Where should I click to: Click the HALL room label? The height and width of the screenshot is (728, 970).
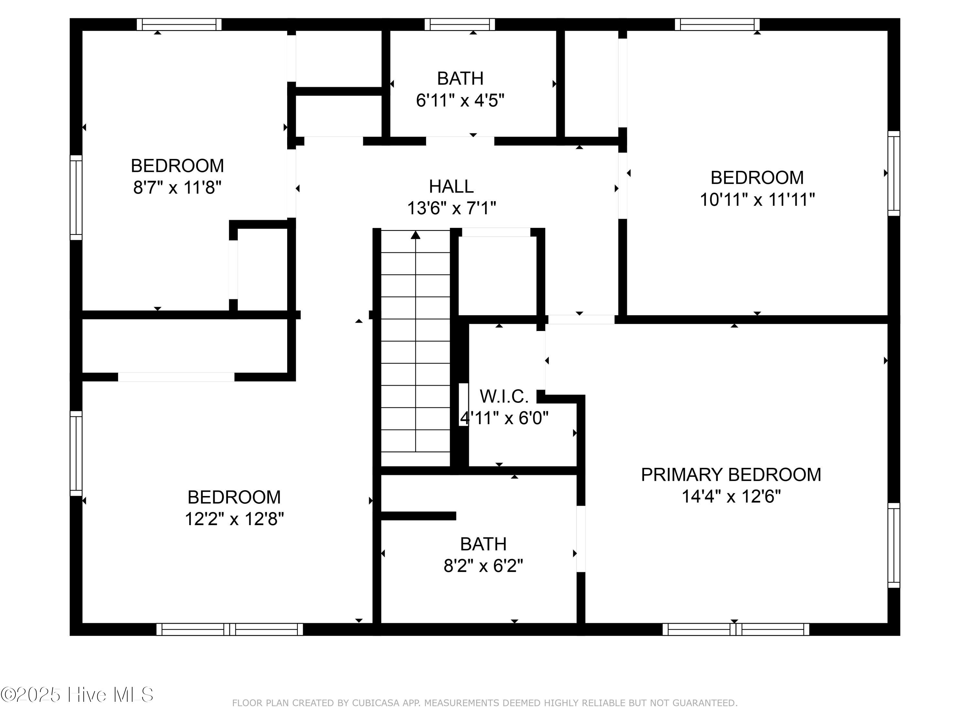[451, 186]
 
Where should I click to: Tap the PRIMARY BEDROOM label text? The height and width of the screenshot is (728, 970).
[730, 475]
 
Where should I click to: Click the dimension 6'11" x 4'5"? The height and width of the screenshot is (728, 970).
[460, 101]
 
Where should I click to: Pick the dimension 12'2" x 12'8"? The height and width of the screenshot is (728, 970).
[234, 519]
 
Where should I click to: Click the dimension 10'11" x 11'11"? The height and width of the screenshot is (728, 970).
[757, 200]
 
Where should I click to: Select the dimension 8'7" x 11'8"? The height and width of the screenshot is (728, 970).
[177, 188]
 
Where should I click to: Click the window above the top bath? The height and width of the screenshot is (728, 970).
[459, 24]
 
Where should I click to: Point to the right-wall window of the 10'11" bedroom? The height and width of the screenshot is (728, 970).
[894, 173]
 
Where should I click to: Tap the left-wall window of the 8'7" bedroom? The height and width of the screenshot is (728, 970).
[76, 197]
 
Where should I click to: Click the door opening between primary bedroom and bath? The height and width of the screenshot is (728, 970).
[581, 539]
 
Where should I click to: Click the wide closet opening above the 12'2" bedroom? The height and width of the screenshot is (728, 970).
[176, 377]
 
